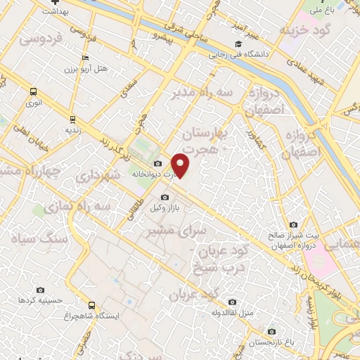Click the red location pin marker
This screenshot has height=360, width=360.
pyautogui.click(x=181, y=165)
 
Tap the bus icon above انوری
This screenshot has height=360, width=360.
pyautogui.click(x=33, y=91)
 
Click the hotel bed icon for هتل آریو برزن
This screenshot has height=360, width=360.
pyautogui.click(x=85, y=58)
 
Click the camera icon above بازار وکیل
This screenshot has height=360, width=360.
pyautogui.click(x=165, y=198)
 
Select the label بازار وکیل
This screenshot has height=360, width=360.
pyautogui.click(x=165, y=209)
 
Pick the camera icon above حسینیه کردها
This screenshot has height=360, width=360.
pyautogui.click(x=40, y=290)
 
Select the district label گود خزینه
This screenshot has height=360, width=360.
pyautogui.click(x=303, y=31)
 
